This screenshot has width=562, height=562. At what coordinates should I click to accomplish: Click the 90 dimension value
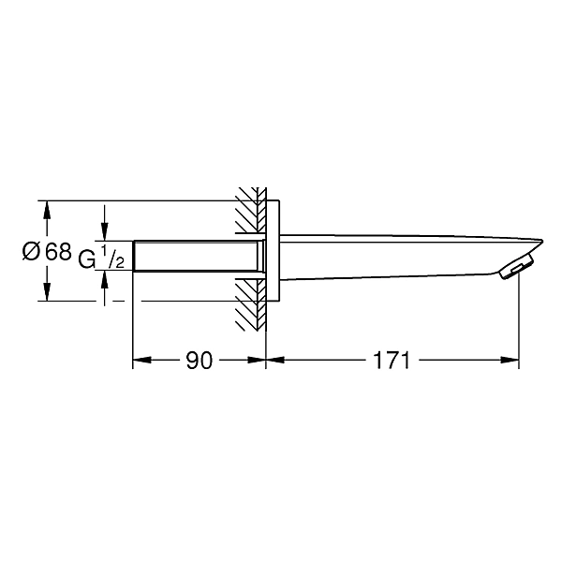click(x=200, y=361)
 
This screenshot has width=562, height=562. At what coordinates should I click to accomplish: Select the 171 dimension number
click(x=392, y=361)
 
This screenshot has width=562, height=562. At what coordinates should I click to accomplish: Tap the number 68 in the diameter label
click(x=58, y=251)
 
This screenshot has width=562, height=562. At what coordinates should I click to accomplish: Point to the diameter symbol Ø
click(x=31, y=251)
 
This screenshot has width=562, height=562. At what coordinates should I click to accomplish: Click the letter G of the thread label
click(x=87, y=259)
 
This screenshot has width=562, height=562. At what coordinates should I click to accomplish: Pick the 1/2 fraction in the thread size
click(x=112, y=257)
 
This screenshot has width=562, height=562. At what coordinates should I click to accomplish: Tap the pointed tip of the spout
click(x=542, y=241)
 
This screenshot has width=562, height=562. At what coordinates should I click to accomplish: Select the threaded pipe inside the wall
click(x=197, y=256)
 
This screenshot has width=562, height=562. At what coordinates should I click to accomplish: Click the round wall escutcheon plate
click(x=273, y=250)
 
